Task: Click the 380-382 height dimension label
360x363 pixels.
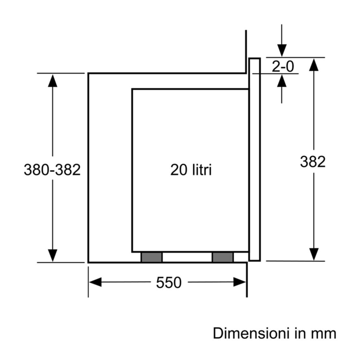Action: [x=52, y=170]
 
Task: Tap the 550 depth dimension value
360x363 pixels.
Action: [x=169, y=283]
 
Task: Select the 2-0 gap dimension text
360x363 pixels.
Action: [x=282, y=66]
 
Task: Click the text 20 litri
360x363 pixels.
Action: [x=191, y=170]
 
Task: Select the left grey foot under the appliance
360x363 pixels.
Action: [x=152, y=257]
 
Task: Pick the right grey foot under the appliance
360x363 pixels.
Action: [x=223, y=257]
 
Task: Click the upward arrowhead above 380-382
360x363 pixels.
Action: [x=52, y=80]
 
